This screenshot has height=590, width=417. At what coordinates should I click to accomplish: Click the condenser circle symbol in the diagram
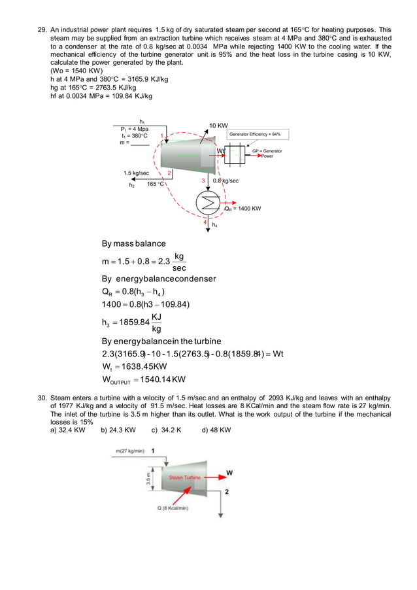point(209,203)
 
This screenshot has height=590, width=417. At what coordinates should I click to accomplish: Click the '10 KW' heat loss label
point(218,125)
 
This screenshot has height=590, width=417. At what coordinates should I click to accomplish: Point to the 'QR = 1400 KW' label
point(242,209)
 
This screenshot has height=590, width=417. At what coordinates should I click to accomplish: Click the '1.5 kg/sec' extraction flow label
point(136,173)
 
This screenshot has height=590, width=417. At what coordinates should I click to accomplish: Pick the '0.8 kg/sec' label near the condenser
point(225,181)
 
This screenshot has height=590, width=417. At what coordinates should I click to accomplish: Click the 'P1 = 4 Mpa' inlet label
point(130,129)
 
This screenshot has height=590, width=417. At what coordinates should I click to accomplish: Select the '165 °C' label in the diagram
point(155,184)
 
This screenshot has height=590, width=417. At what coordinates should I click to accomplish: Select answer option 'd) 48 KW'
point(216,430)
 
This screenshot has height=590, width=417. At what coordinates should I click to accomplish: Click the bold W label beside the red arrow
point(229,472)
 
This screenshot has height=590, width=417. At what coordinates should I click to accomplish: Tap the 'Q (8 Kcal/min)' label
point(173,508)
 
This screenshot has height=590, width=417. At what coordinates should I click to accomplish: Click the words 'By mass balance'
point(133,243)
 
